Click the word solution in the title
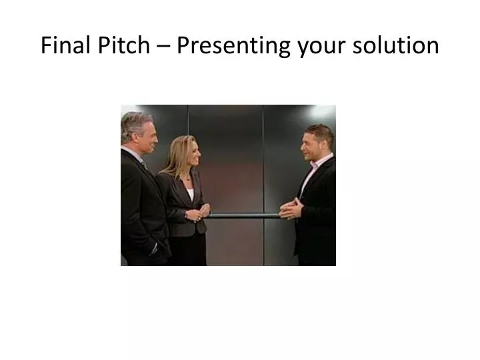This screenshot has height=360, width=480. [x=398, y=45]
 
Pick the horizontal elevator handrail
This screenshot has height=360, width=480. [x=240, y=215]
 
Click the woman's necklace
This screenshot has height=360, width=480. [x=190, y=180]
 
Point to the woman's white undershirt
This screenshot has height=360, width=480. [x=191, y=193]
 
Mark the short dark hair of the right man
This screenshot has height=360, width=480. [x=319, y=129]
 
